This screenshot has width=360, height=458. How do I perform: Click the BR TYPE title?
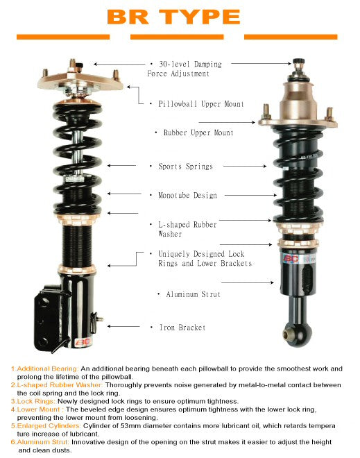[x=173, y=17]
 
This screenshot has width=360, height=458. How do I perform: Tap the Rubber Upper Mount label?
[x=198, y=133]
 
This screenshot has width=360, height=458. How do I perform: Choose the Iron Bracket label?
[x=181, y=327]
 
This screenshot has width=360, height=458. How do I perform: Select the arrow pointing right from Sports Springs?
[x=243, y=167]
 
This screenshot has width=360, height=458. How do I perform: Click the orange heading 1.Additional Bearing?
[x=44, y=368]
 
